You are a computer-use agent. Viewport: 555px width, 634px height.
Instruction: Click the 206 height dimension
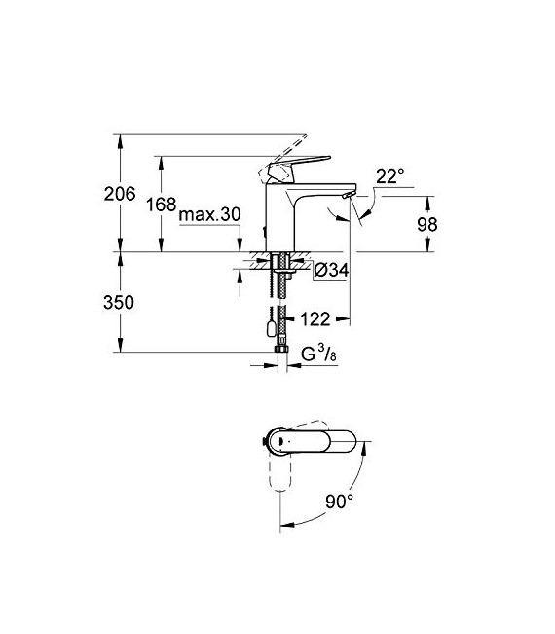[119, 194]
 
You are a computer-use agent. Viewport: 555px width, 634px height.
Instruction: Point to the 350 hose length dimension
[119, 302]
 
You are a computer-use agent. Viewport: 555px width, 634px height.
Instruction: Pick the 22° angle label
[389, 176]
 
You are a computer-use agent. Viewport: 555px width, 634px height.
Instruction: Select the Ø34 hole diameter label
[331, 271]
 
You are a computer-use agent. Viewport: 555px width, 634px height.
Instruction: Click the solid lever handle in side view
[289, 167]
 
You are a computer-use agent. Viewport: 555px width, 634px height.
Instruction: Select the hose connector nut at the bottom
[282, 348]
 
